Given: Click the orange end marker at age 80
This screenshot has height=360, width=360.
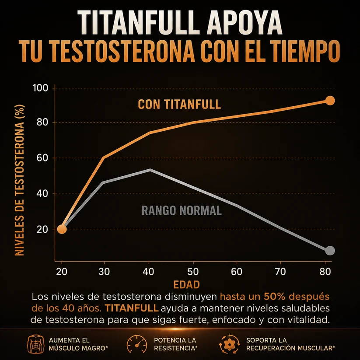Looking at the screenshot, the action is pyautogui.click(x=330, y=101).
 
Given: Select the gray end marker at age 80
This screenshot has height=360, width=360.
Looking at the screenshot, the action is pyautogui.click(x=330, y=251).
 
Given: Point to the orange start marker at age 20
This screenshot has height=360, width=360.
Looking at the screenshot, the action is pyautogui.click(x=62, y=229).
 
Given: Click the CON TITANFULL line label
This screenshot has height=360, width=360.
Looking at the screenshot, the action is pyautogui.click(x=179, y=105).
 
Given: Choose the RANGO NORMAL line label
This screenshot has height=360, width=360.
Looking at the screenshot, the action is pyautogui.click(x=182, y=210).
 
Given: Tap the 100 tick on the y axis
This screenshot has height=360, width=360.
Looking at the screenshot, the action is pyautogui.click(x=40, y=88).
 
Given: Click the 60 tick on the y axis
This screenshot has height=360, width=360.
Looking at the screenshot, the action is pyautogui.click(x=42, y=158).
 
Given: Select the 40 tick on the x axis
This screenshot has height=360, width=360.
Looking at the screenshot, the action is pyautogui.click(x=148, y=272).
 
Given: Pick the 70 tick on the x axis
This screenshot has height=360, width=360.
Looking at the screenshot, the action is pyautogui.click(x=280, y=272).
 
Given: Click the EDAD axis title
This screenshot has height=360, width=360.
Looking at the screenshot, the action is pyautogui.click(x=186, y=284).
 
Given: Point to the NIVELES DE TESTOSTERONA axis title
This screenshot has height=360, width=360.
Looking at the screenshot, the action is pyautogui.click(x=20, y=180).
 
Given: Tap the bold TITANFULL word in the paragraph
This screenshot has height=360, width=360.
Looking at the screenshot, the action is pyautogui.click(x=132, y=308).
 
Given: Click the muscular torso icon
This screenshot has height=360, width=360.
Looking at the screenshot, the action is pyautogui.click(x=36, y=344).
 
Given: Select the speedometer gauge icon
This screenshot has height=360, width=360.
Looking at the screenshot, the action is pyautogui.click(x=137, y=344).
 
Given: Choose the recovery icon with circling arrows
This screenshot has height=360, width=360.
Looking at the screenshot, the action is pyautogui.click(x=229, y=344).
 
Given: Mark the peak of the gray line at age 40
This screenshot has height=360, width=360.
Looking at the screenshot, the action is pyautogui.click(x=150, y=170).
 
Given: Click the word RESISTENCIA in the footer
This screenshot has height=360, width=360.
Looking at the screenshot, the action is pyautogui.click(x=175, y=348).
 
